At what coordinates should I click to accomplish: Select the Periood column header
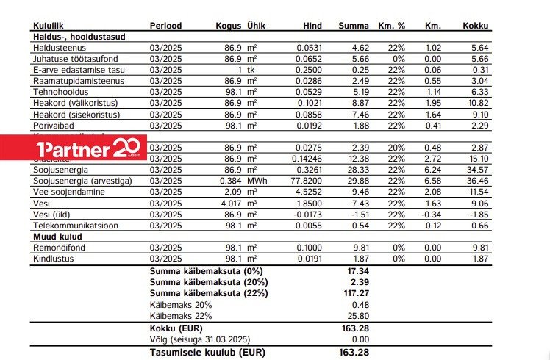click(165, 26)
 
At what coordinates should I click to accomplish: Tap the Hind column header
click(312, 26)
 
